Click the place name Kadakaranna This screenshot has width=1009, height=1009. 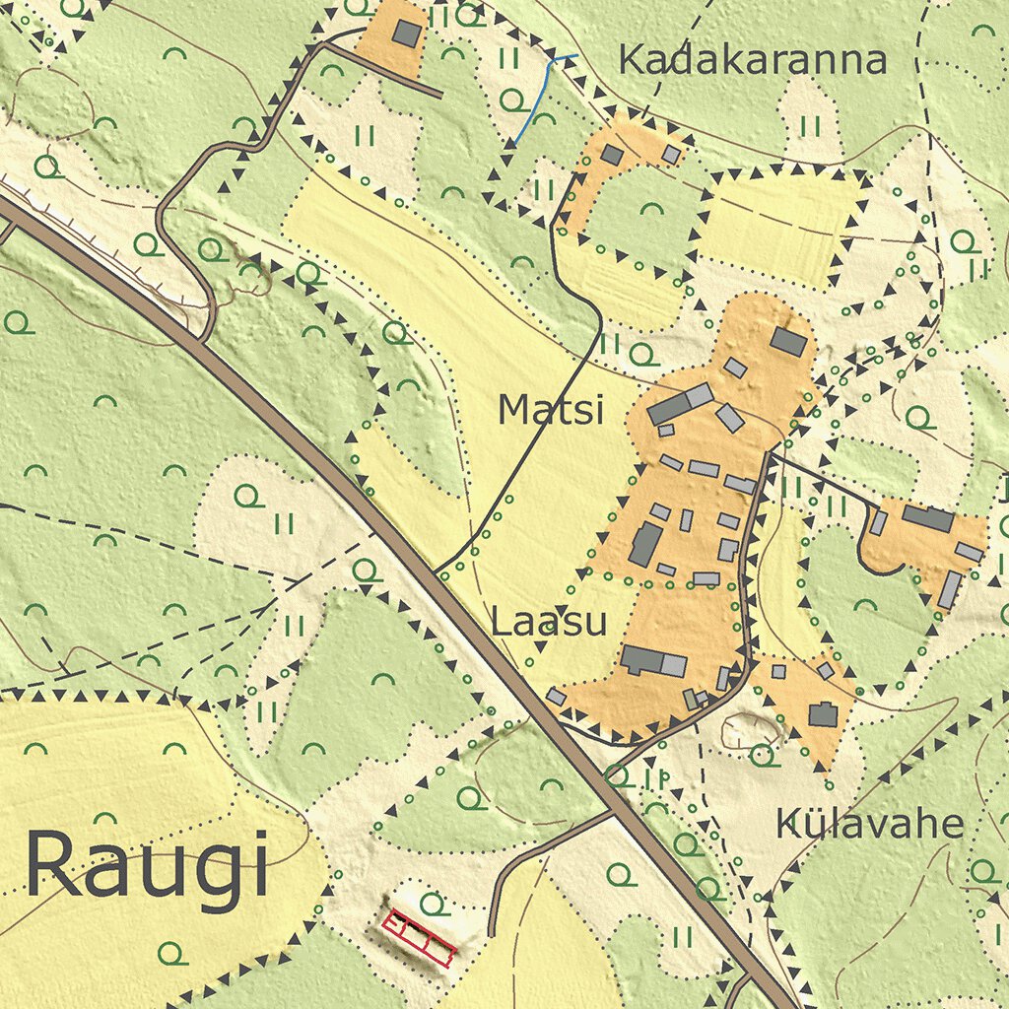(x=752, y=61)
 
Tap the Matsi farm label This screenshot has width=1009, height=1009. (x=550, y=410)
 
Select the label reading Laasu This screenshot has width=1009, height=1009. (x=549, y=623)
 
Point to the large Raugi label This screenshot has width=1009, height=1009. (x=147, y=864)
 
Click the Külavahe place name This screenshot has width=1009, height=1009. (x=869, y=824)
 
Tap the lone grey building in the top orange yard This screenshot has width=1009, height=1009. (x=406, y=34)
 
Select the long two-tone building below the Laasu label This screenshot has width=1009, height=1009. (x=653, y=661)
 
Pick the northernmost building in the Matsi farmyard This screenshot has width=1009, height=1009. (x=788, y=342)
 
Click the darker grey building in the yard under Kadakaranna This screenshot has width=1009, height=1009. (x=612, y=155)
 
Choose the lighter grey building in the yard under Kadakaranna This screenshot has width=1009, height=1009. (x=671, y=155)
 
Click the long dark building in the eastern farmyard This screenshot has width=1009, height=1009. (x=927, y=518)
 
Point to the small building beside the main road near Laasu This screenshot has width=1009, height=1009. (x=556, y=697)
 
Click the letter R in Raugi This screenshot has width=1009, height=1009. (x=49, y=864)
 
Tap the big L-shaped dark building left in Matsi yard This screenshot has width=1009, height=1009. (x=645, y=544)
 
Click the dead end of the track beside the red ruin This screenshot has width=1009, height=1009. (x=491, y=933)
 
